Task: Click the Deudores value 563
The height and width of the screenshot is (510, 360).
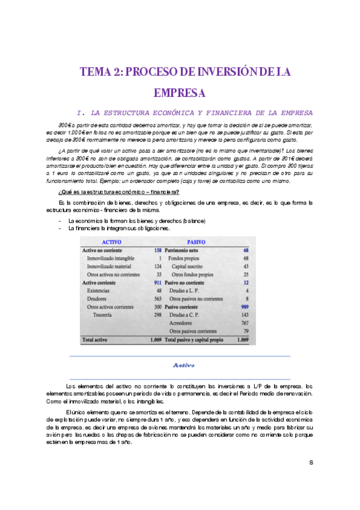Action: (158, 298)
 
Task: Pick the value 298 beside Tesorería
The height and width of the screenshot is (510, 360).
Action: (158, 315)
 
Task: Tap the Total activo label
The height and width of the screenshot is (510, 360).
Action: (95, 340)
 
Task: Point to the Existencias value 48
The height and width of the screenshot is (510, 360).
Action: (159, 290)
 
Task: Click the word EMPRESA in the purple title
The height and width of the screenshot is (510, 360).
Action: (180, 93)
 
